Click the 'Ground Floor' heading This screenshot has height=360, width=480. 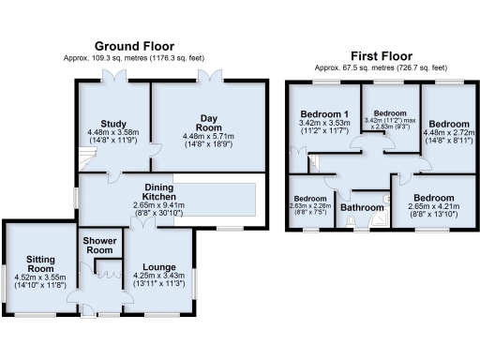tap(139, 46)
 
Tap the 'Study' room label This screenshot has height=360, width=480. tap(112, 122)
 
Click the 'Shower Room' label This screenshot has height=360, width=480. tap(98, 244)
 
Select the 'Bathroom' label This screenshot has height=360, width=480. tap(362, 207)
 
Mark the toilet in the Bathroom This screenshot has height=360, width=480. tap(351, 222)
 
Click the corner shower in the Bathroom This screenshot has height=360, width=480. tap(380, 221)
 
